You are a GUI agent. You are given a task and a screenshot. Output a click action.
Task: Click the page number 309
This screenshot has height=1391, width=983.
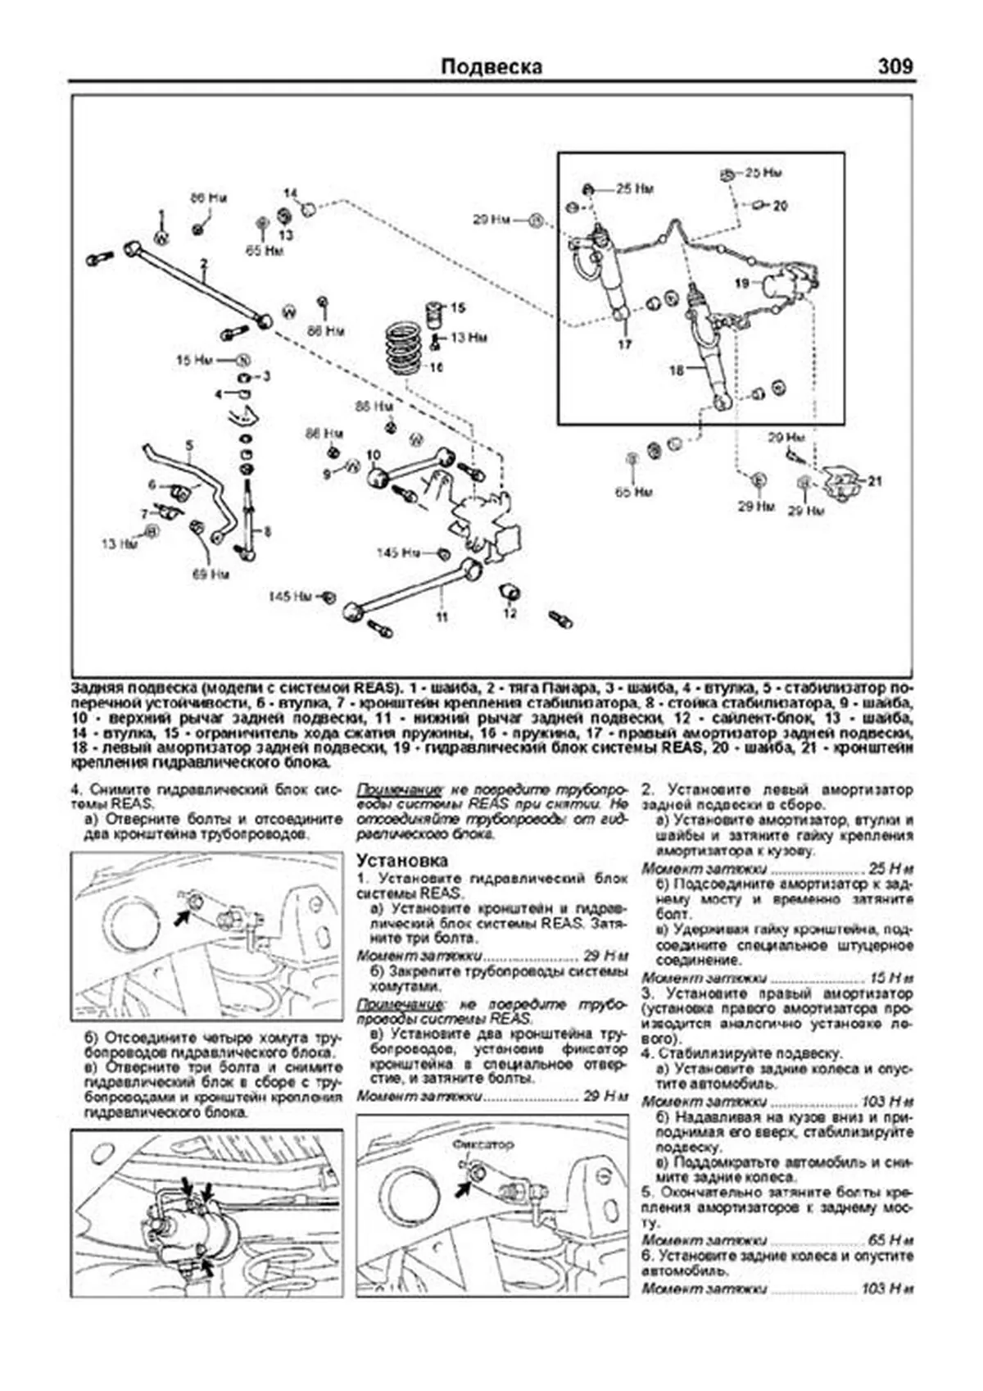895,66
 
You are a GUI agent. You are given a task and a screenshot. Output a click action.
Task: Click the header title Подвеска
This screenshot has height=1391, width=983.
491,66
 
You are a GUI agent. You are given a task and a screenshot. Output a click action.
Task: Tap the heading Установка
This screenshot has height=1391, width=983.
402,860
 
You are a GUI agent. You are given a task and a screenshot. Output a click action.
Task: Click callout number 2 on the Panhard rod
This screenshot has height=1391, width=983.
203,264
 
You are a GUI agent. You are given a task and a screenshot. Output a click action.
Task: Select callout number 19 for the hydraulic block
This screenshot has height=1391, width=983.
742,284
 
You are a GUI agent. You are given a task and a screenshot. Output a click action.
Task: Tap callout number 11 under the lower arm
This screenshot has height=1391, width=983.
442,616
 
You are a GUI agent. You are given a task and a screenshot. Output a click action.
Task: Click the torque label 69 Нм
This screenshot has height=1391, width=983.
211,575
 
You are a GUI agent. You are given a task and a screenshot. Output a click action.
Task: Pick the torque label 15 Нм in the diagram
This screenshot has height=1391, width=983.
195,359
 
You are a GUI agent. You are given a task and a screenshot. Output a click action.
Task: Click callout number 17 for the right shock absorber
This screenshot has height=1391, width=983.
625,345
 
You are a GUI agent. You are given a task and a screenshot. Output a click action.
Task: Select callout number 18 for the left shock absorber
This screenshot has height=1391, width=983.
676,370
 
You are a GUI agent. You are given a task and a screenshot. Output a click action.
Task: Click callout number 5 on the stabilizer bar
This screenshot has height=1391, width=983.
189,446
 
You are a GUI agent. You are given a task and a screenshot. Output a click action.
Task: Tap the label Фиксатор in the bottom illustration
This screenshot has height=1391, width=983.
482,1143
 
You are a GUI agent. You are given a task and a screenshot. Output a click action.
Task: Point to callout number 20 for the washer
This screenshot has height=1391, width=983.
780,206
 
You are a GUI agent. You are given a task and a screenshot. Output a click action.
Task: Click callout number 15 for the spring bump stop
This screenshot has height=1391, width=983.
458,308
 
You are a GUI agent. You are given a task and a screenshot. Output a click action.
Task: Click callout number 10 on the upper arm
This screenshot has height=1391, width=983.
374,454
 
